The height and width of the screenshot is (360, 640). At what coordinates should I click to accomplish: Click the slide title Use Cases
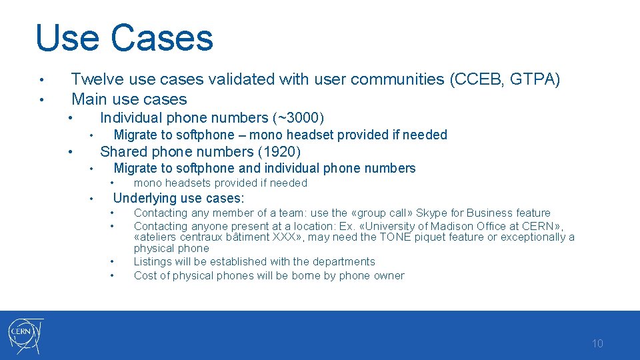(124, 38)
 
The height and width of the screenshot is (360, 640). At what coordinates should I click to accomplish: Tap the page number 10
(597, 344)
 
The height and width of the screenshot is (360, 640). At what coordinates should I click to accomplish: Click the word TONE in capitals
(397, 237)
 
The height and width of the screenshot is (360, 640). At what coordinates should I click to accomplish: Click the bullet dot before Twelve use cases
(41, 81)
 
